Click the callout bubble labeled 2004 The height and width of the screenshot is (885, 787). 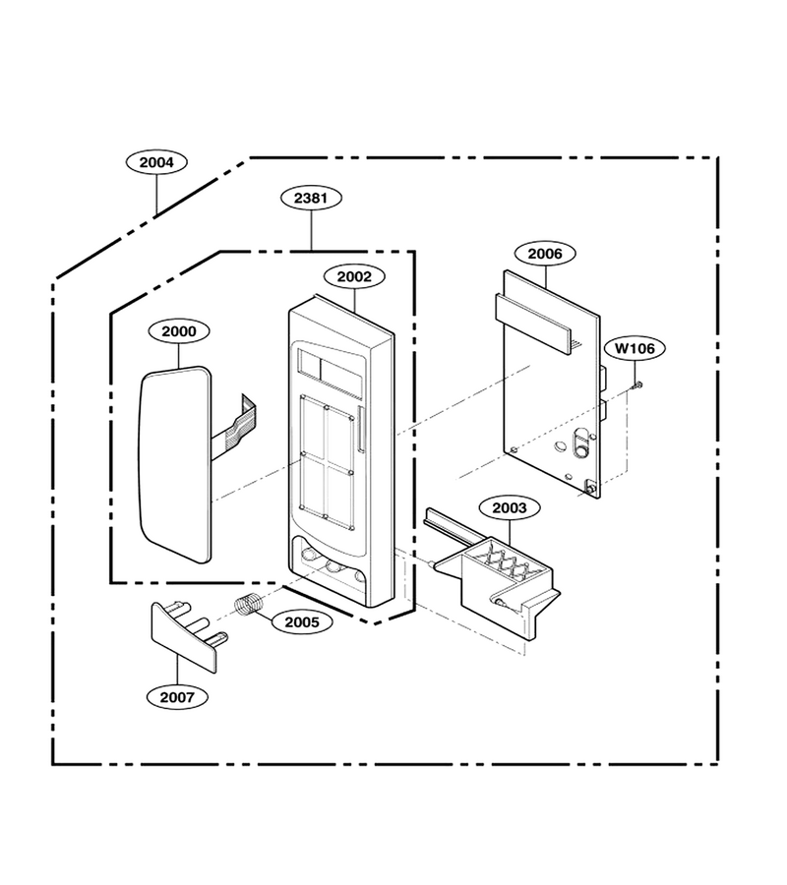[156, 162]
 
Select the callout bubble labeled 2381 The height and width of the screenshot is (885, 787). [311, 198]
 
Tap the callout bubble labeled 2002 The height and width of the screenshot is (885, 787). [354, 276]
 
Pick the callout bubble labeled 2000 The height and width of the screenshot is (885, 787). [179, 331]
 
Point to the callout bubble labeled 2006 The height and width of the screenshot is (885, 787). [545, 254]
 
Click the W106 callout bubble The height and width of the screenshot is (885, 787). [635, 348]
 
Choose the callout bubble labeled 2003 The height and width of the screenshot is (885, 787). [510, 508]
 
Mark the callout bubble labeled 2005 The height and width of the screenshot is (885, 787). [302, 622]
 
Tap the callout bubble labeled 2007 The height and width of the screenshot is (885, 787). [177, 697]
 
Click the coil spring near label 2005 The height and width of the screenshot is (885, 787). [249, 604]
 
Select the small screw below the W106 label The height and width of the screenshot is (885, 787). [637, 384]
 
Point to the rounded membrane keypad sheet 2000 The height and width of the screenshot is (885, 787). [175, 464]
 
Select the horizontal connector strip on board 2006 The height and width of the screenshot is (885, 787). [533, 323]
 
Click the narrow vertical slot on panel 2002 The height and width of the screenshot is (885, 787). [360, 429]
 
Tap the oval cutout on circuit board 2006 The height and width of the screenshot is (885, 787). [579, 443]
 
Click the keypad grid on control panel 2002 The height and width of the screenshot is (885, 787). [327, 463]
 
